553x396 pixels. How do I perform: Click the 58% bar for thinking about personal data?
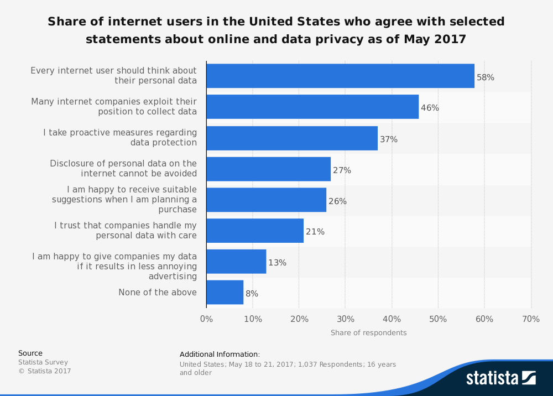(340, 76)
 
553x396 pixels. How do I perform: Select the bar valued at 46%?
(312, 107)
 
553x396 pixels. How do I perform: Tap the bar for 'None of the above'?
(225, 292)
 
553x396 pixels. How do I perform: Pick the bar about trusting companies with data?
(255, 231)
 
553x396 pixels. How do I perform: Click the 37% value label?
(388, 139)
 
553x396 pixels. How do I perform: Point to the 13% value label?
(277, 263)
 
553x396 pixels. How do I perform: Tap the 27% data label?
(342, 170)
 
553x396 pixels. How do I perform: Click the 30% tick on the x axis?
(345, 319)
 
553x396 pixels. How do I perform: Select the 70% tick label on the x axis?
(530, 319)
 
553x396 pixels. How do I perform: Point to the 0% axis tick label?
(206, 319)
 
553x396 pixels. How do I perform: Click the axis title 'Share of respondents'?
(368, 333)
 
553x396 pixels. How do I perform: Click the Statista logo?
(500, 378)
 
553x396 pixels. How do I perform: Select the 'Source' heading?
(30, 353)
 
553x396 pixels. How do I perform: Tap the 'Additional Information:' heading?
(220, 355)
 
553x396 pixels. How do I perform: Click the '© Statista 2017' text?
(45, 371)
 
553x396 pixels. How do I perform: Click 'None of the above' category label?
(158, 292)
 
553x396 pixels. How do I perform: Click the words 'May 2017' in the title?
(435, 39)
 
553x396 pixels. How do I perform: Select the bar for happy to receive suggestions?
(266, 200)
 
